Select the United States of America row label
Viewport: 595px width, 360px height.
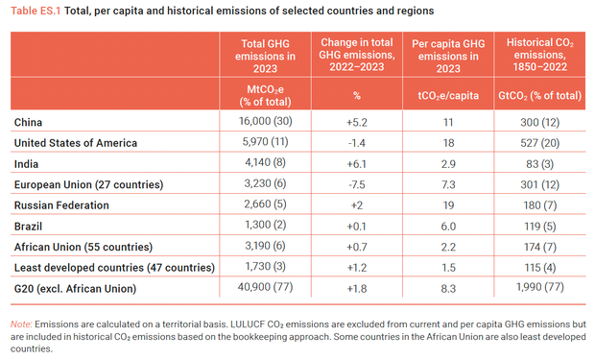click(x=76, y=143)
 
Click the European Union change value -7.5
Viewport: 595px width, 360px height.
click(x=354, y=183)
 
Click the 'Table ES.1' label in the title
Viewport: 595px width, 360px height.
click(x=36, y=11)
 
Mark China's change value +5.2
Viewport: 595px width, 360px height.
click(x=354, y=123)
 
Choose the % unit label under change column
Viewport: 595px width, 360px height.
click(x=354, y=96)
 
